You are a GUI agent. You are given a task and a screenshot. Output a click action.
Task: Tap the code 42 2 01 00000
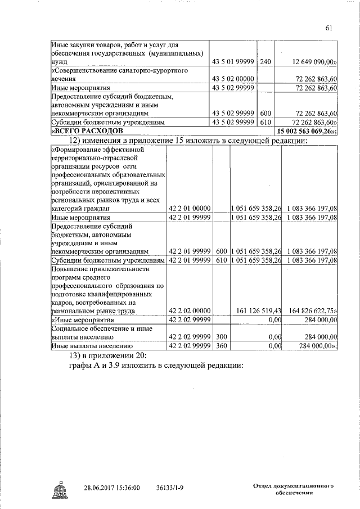pyautogui.click(x=190, y=209)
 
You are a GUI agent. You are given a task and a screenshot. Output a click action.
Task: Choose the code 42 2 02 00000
pyautogui.click(x=190, y=310)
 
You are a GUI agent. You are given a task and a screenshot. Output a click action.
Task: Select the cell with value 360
pyautogui.click(x=221, y=346)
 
